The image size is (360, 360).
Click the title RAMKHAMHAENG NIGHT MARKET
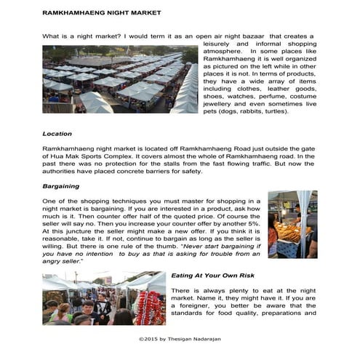(x=102, y=13)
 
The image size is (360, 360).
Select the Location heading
(x=57, y=134)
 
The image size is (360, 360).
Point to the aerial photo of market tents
(x=120, y=79)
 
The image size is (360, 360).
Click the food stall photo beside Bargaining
(x=292, y=224)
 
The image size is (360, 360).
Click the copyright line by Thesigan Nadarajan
(x=180, y=339)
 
